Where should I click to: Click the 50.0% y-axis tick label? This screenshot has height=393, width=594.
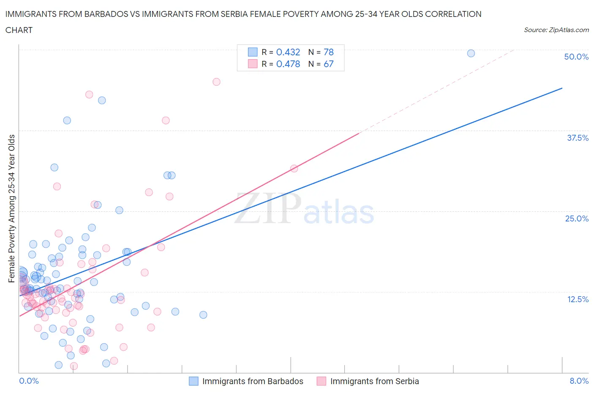[x=576, y=57]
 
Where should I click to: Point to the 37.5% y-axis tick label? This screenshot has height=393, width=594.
[x=578, y=138]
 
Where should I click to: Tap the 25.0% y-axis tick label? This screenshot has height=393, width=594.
[x=577, y=218]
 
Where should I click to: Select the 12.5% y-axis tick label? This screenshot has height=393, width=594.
[x=578, y=299]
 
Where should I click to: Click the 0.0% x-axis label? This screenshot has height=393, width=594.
[x=29, y=381]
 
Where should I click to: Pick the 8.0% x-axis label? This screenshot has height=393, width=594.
[x=579, y=381]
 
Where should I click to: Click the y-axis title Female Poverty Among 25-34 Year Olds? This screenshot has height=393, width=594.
[x=12, y=208]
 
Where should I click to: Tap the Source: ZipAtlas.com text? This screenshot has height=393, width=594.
[x=556, y=30]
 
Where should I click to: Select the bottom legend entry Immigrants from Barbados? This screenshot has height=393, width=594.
[x=252, y=381]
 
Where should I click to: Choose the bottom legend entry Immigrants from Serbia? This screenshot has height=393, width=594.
[x=374, y=381]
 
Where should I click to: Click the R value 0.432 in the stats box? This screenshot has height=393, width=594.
[x=288, y=52]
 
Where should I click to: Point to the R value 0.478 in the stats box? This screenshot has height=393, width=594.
[x=288, y=64]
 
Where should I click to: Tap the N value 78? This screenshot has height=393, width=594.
[x=329, y=52]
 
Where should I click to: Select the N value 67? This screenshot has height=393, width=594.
[x=329, y=64]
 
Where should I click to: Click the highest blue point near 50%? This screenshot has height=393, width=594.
[x=471, y=53]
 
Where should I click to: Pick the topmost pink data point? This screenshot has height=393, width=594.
[x=216, y=82]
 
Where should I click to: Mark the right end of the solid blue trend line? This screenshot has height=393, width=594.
[x=562, y=88]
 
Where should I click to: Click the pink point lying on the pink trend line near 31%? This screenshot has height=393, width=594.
[x=294, y=169]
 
